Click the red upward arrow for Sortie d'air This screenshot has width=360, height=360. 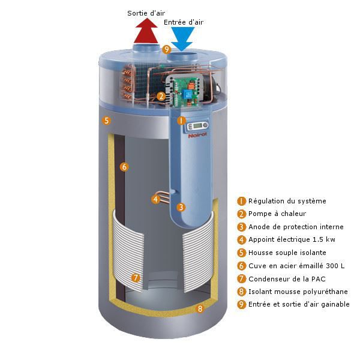coord(146,31)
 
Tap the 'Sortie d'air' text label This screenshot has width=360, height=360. coord(146,13)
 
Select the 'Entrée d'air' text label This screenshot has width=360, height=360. coord(184,22)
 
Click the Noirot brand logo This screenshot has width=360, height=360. coord(197,135)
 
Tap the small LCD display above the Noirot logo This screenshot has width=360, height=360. coord(197,125)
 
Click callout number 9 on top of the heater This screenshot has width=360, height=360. coord(167,49)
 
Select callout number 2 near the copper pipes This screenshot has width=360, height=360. coord(161,96)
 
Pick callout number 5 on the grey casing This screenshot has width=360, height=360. coord(106,121)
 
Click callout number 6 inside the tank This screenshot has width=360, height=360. coord(124,167)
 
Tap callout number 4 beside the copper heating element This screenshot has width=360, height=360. coord(155,199)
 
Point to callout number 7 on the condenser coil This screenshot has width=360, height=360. coord(136,278)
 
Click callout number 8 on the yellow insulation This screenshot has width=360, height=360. coord(200,308)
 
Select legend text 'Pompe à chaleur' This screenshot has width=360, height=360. coord(277,214)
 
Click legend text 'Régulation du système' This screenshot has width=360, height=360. coord(287,201)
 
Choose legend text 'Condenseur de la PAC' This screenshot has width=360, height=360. coord(287,279)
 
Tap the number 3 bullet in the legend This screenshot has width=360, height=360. coord(241,227)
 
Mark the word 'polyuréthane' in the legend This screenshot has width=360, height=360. coord(325,292)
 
